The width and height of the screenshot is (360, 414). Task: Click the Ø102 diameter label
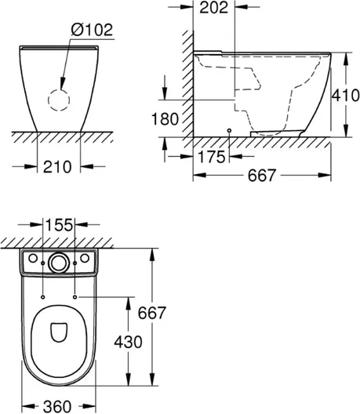pos(92,30)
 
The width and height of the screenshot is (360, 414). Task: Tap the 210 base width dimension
pos(57,166)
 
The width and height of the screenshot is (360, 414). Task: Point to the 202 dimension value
pos(213,7)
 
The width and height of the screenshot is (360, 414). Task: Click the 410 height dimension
pos(345,95)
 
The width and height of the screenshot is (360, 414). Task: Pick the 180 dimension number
pos(165,119)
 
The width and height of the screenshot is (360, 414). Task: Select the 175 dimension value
pos(211,157)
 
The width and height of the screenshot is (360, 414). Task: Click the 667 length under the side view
pos(262,176)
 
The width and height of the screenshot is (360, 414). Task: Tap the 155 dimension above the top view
pos(59,225)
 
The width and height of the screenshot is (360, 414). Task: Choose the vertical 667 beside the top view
pos(152,313)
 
